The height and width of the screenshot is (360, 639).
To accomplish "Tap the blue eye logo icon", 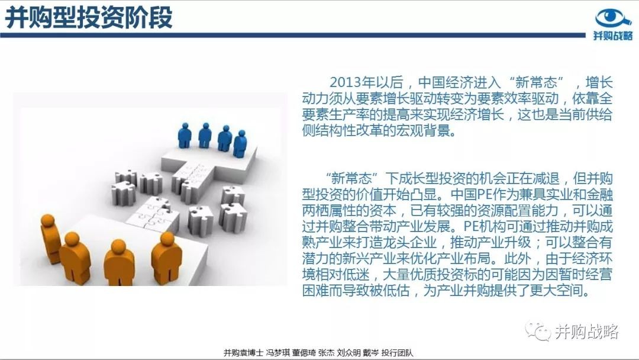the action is coord(613,18).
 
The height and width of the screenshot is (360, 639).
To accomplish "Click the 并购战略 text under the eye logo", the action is coord(613,36).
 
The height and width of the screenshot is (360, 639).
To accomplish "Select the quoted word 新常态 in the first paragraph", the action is coord(536,82).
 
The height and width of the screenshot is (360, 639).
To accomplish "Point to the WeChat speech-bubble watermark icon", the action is coord(538,331).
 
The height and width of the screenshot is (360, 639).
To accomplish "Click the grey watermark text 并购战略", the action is coord(586,332).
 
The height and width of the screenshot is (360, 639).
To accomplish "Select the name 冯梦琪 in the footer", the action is coord(277,353).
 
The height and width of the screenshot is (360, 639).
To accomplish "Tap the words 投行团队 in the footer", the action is coord(397,353).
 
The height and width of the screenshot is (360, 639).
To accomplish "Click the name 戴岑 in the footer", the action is coord(370,353).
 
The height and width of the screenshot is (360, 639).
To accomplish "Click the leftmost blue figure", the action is coord(185,136).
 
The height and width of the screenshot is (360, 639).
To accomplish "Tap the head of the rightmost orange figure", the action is coord(167,239).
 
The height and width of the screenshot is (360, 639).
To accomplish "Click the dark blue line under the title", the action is coord(293,36).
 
